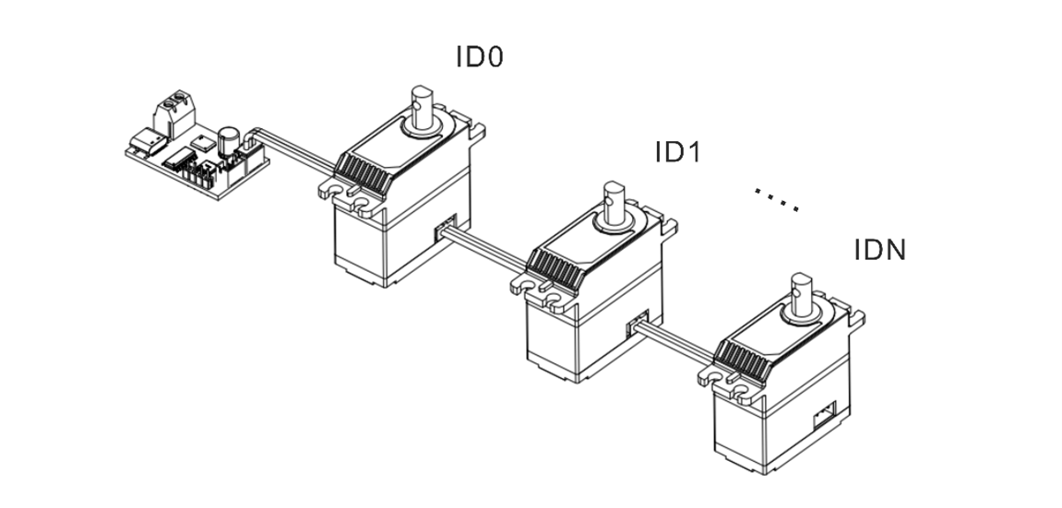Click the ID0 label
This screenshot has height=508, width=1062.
pos(480,57)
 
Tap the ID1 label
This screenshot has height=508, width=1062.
pos(678,152)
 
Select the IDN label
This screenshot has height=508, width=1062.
pos(879,250)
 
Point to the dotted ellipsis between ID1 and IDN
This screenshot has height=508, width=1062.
pos(775,199)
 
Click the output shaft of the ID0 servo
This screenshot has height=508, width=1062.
pos(424,106)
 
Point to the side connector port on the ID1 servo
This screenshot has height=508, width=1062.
pos(637,325)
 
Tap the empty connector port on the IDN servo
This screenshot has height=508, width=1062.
pos(823,417)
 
